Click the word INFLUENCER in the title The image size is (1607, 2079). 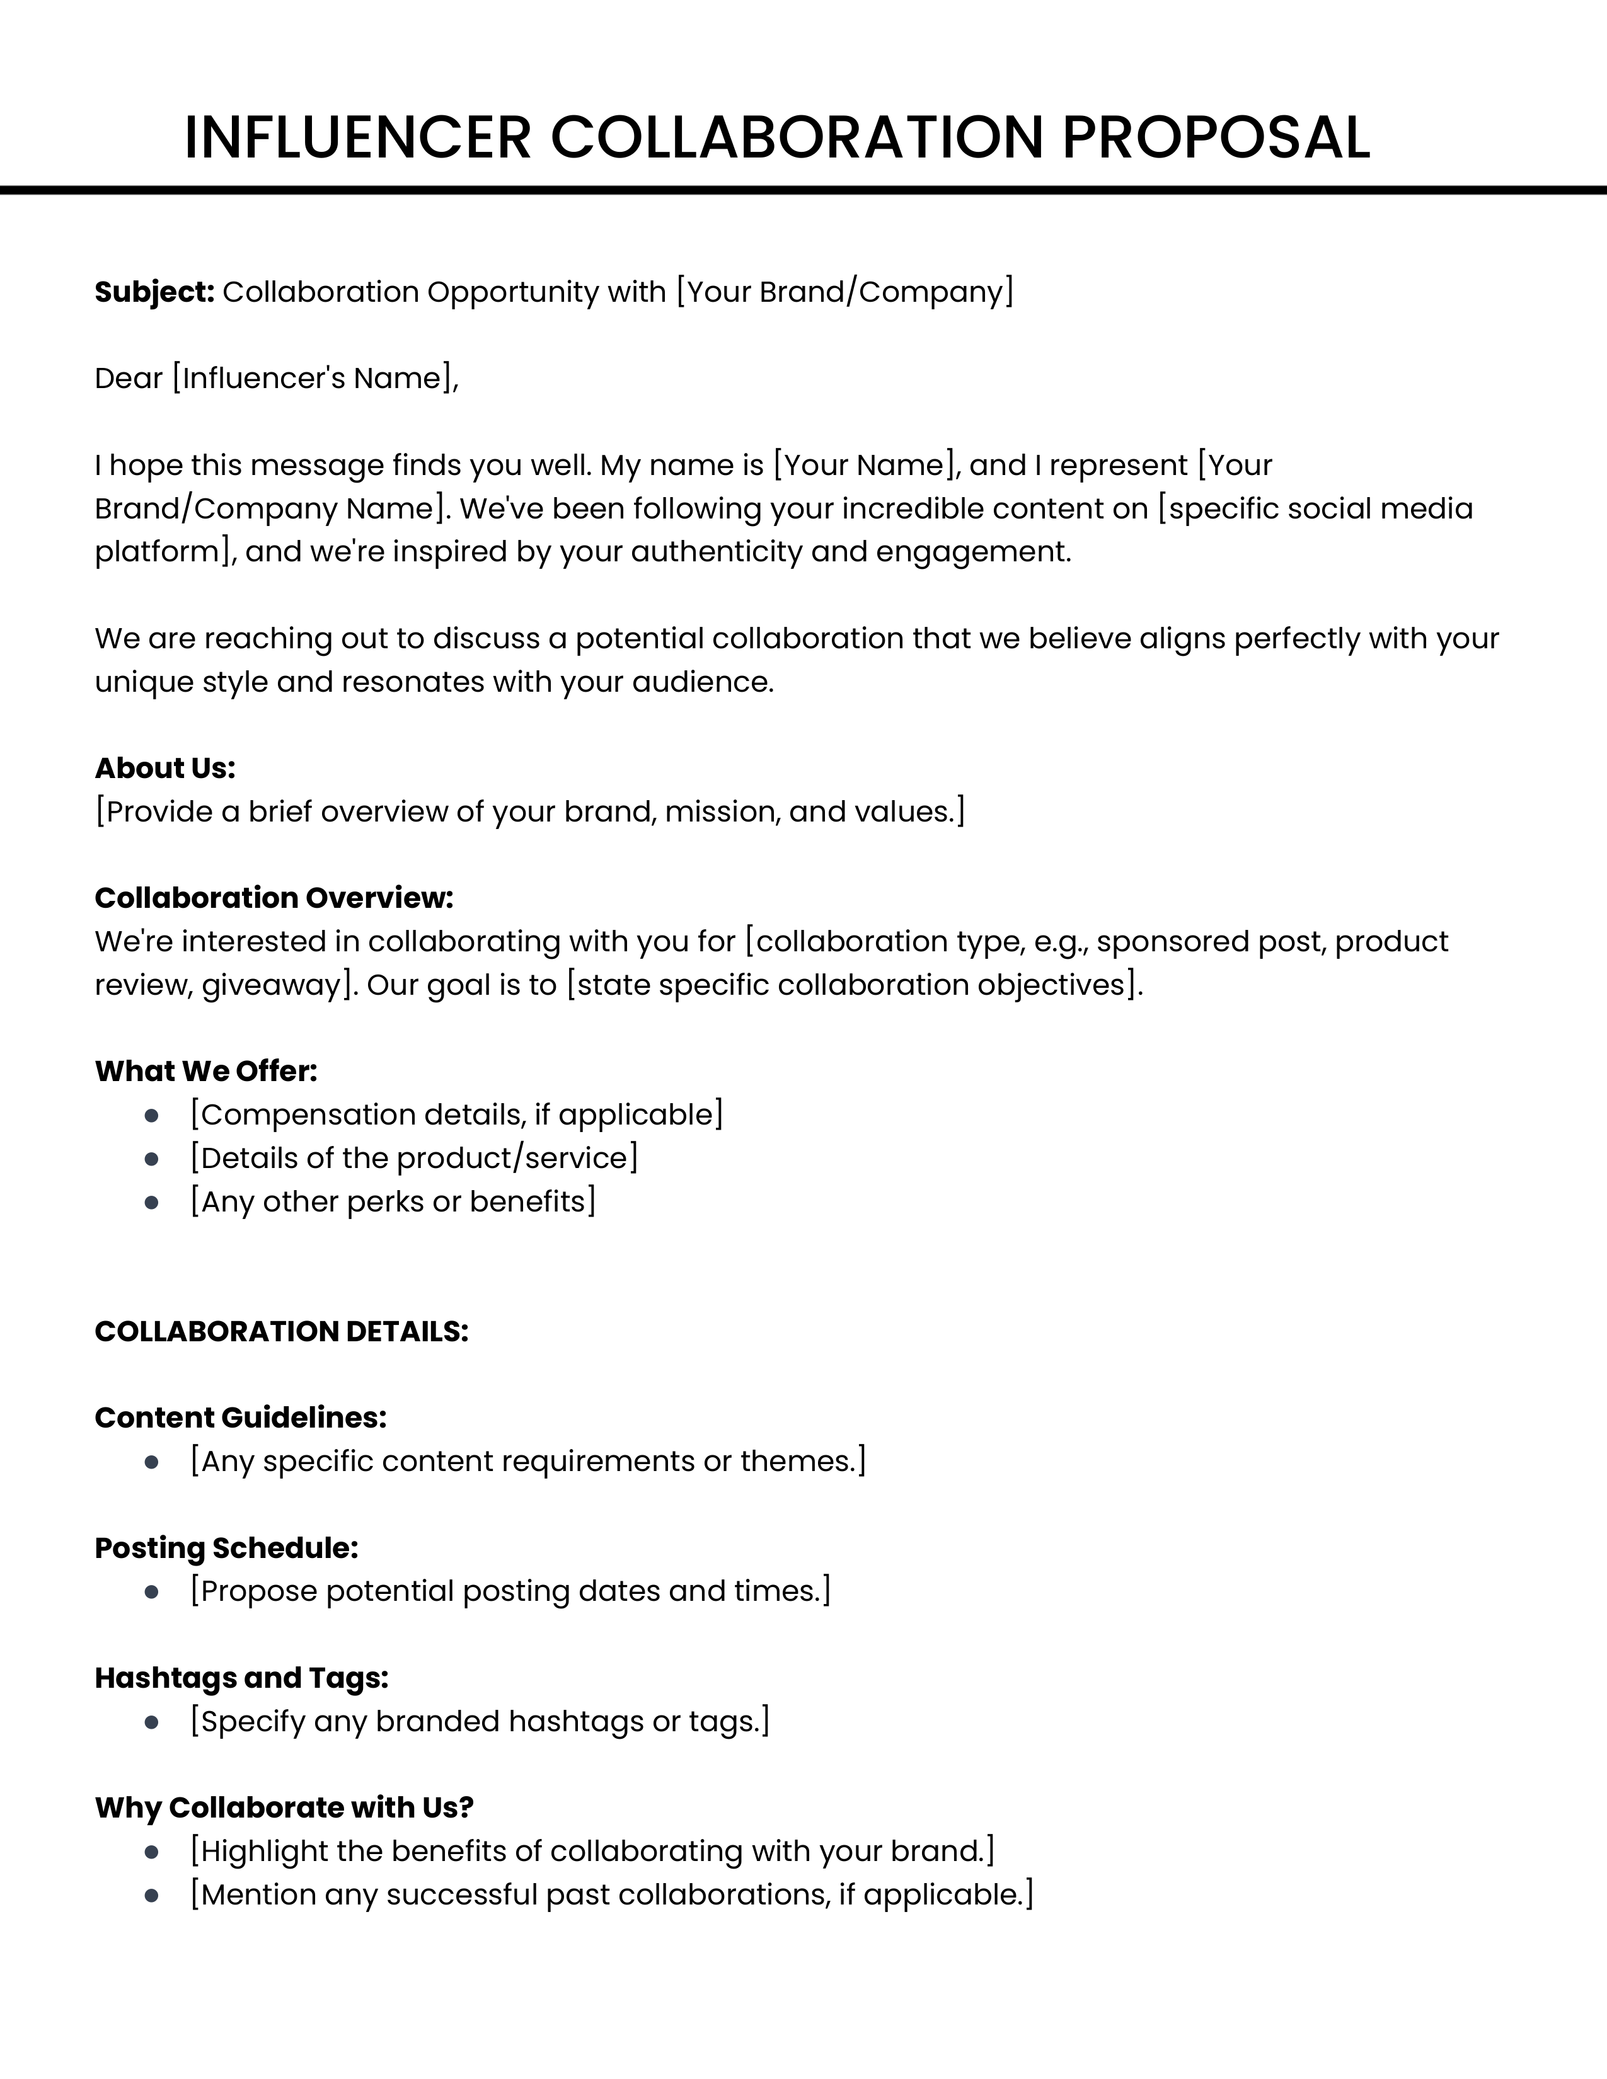click(x=357, y=137)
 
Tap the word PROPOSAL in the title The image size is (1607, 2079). click(x=1216, y=137)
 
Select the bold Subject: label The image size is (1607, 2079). click(x=155, y=292)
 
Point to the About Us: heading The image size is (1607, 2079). click(x=164, y=768)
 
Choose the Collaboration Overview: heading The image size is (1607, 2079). click(x=274, y=898)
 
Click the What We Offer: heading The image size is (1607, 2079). click(x=205, y=1071)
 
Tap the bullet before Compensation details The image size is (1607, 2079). click(x=151, y=1116)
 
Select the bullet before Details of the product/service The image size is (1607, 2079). click(x=151, y=1159)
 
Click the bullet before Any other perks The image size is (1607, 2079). click(x=151, y=1202)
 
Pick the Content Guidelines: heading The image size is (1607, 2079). click(x=241, y=1417)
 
